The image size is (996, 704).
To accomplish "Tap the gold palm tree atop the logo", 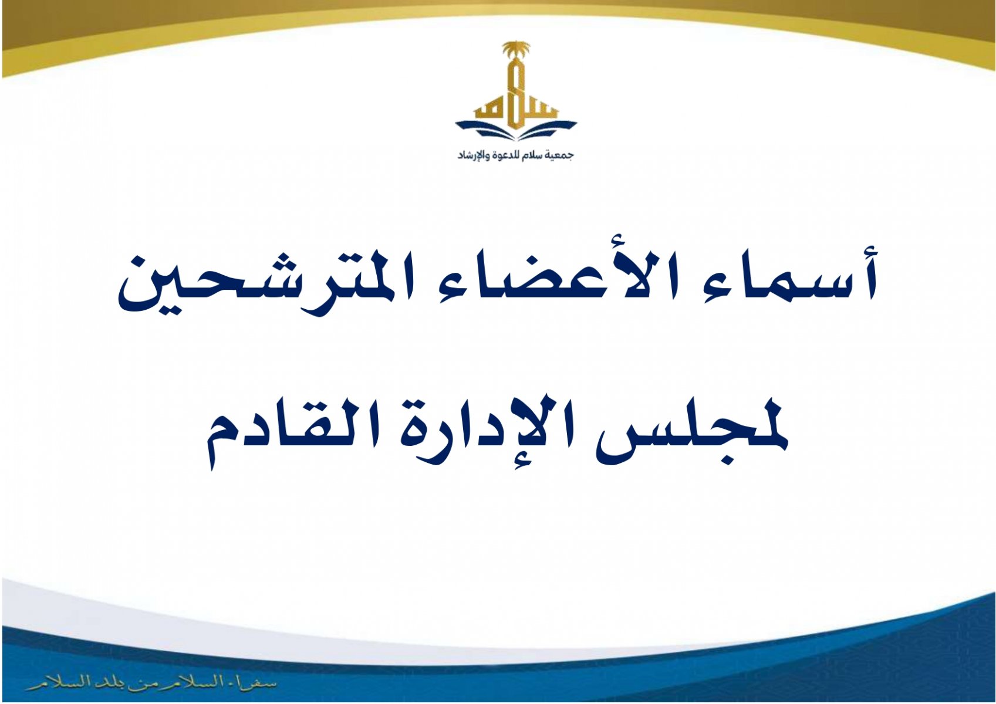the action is [x=516, y=50].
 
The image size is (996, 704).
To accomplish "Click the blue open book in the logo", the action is [x=516, y=130].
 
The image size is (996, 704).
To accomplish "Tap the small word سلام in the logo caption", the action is [x=533, y=155].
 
